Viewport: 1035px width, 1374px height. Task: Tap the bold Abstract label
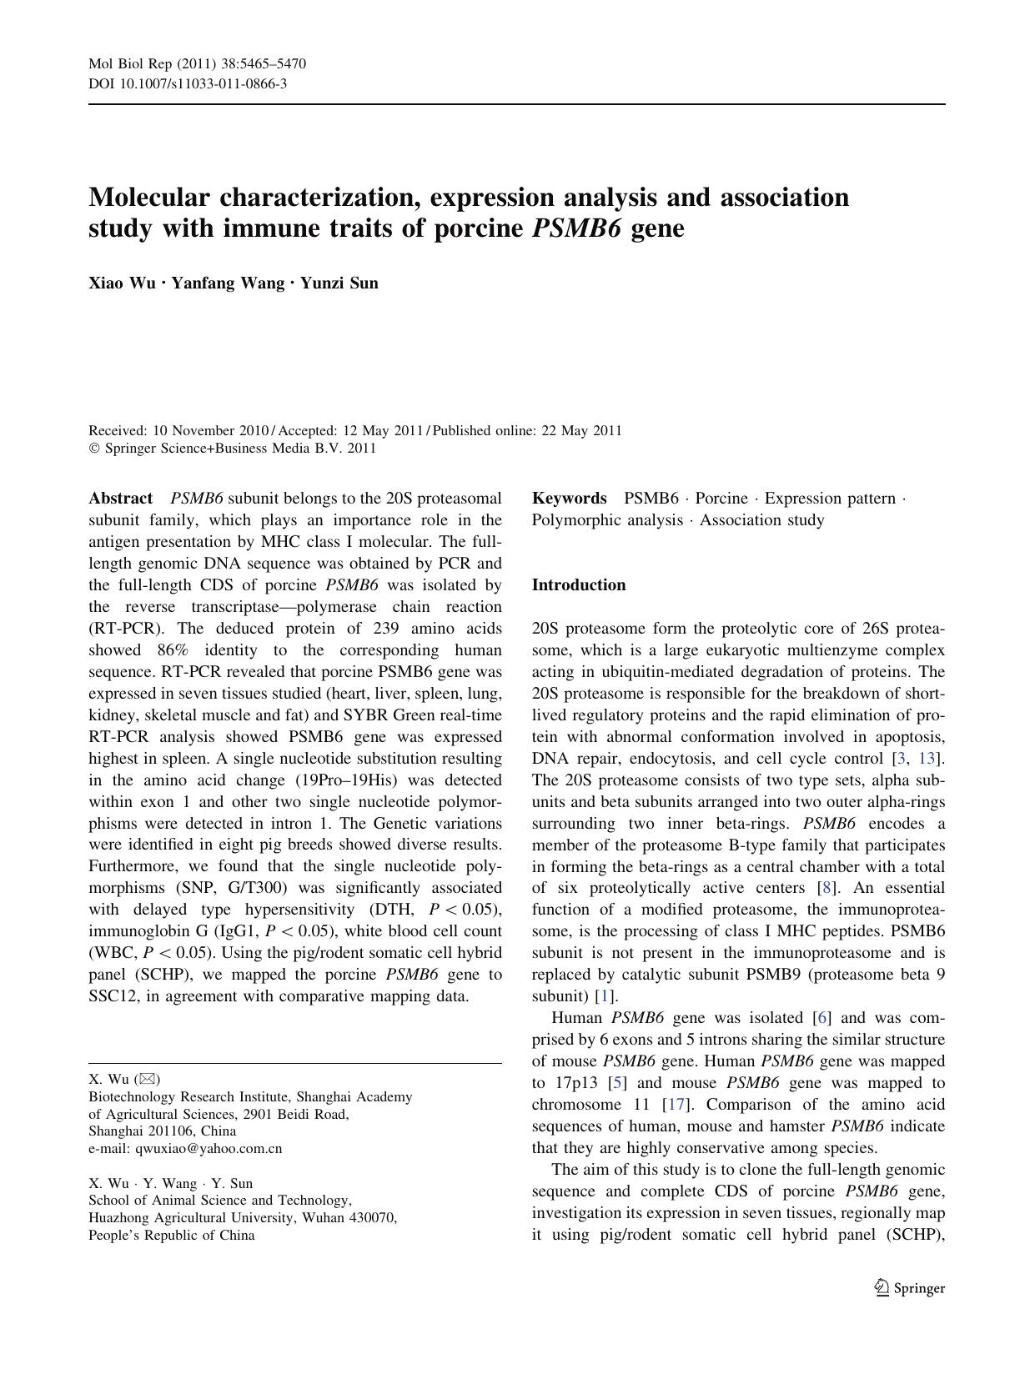click(121, 499)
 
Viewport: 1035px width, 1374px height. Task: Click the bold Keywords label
click(569, 499)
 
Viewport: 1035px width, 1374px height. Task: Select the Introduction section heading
click(579, 585)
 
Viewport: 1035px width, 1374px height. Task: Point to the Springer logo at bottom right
click(910, 1288)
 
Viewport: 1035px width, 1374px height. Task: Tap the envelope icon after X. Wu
click(146, 1080)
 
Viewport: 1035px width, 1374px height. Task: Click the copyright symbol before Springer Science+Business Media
click(93, 449)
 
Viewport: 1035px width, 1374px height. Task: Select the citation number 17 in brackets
click(674, 1105)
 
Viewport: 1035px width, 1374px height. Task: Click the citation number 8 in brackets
click(826, 888)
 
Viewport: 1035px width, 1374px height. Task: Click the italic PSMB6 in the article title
click(576, 228)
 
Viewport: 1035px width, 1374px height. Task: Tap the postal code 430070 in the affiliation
click(370, 1217)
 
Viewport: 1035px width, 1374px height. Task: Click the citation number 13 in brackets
click(927, 758)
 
